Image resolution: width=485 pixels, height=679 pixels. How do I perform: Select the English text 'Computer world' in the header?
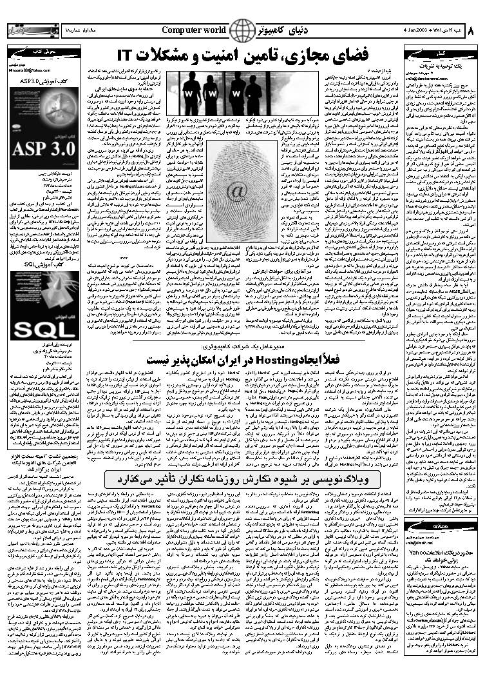point(194,30)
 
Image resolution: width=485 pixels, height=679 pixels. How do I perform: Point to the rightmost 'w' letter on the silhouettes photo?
point(236,93)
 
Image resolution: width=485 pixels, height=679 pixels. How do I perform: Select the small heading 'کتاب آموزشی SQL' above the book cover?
point(41,264)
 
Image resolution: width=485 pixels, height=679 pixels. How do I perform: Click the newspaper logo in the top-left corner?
point(26,30)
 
